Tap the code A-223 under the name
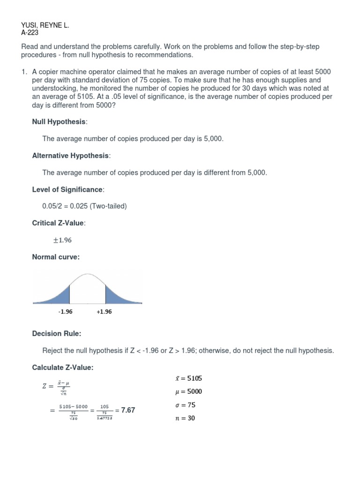(x=30, y=33)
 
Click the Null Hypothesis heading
(x=60, y=122)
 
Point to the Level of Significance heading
(x=68, y=189)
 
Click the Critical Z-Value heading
(x=59, y=223)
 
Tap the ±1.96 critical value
(x=62, y=240)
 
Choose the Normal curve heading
(x=56, y=257)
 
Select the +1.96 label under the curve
(x=104, y=312)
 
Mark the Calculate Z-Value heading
(x=63, y=367)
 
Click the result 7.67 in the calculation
(x=128, y=410)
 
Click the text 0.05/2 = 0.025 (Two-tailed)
(x=84, y=206)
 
